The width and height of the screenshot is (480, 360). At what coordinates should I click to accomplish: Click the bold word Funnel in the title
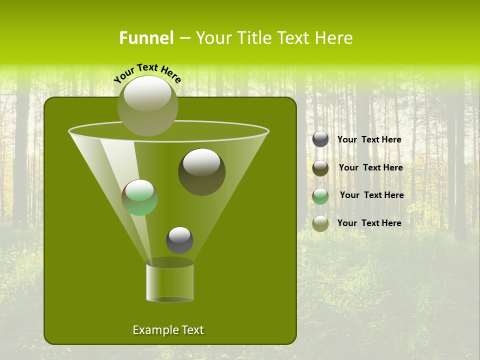(x=146, y=38)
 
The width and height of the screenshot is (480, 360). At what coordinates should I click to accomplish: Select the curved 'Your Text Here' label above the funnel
(x=147, y=73)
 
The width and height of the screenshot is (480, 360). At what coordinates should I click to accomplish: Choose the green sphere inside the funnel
(x=140, y=198)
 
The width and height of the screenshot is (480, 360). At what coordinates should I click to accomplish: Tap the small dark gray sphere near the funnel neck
(x=179, y=240)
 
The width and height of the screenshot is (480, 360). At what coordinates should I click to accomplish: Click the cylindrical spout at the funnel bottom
(x=170, y=282)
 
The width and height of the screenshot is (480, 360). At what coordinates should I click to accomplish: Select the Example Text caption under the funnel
(x=168, y=330)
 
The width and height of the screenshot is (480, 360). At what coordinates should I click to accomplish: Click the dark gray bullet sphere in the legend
(x=320, y=139)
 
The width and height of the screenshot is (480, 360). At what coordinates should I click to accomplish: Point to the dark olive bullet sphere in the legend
(x=320, y=167)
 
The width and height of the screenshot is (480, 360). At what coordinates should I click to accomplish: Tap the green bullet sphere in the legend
(x=320, y=195)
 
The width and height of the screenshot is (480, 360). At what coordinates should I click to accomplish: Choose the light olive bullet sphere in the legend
(x=320, y=223)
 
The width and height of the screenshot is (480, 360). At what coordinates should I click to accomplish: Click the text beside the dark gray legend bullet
(x=369, y=140)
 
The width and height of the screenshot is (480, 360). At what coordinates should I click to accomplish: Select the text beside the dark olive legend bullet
(x=370, y=168)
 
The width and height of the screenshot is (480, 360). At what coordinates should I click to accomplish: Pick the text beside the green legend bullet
(x=371, y=195)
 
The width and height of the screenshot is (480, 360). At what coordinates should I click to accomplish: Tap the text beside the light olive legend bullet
(x=369, y=223)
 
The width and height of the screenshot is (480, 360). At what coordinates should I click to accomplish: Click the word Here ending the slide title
(x=334, y=38)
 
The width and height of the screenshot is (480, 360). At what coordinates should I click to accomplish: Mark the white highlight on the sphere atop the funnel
(x=147, y=93)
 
